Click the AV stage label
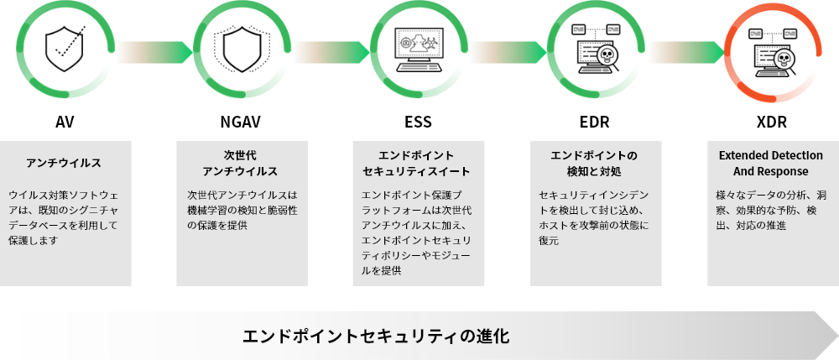tap(65, 123)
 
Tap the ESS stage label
tap(418, 123)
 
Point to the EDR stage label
tap(595, 123)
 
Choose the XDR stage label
tap(772, 123)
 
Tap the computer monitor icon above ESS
tap(419, 50)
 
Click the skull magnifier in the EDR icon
tap(607, 58)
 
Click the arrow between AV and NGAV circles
tap(154, 52)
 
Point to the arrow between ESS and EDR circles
tap(508, 52)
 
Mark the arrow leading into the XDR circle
tap(686, 52)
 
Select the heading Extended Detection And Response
tap(771, 163)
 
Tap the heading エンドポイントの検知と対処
tap(595, 163)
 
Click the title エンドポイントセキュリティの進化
tap(376, 336)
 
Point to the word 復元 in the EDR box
tap(549, 241)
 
